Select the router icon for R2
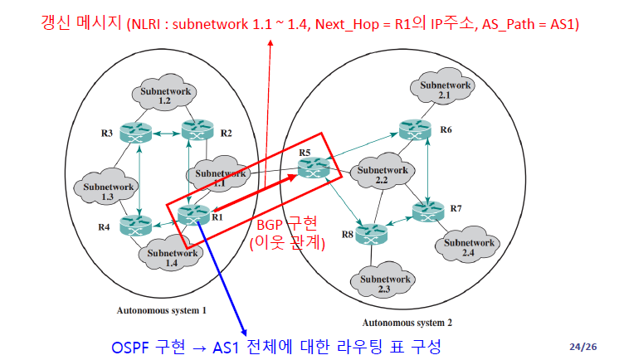click(197, 129)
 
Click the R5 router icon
click(314, 167)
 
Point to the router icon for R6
click(414, 129)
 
